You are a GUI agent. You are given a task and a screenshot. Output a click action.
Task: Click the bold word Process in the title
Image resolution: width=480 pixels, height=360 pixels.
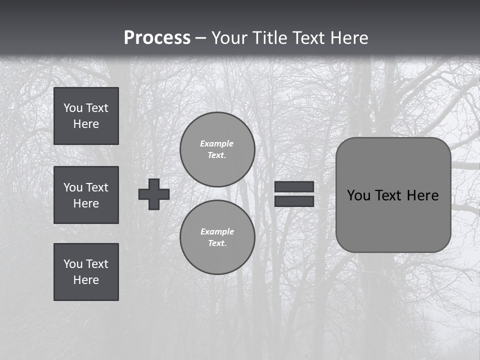coord(157,38)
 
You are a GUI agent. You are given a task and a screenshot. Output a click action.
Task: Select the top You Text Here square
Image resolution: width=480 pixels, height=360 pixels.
coord(86,116)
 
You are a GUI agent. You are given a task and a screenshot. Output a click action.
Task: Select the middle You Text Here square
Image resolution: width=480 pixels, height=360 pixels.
coord(86,195)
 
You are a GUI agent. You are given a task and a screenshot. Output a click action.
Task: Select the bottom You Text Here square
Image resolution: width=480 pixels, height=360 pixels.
coord(86,272)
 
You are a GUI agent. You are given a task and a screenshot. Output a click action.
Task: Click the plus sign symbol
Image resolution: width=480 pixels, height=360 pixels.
coord(154,194)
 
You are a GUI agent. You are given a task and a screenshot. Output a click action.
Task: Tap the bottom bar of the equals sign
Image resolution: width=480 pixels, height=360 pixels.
coord(294,201)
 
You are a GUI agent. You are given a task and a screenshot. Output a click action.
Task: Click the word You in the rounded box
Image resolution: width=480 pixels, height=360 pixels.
coord(358,195)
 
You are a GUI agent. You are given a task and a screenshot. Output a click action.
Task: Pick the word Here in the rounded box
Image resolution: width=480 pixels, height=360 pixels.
coord(422,195)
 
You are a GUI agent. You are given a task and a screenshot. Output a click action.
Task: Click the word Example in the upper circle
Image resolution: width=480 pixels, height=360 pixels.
coord(217,143)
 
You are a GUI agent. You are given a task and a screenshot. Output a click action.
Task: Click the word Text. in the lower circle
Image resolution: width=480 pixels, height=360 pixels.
coord(217,243)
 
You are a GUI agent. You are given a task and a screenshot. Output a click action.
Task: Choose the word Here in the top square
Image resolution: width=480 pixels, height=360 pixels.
coord(86,124)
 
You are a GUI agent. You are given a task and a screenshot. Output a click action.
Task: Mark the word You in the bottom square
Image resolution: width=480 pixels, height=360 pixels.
coord(72,264)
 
